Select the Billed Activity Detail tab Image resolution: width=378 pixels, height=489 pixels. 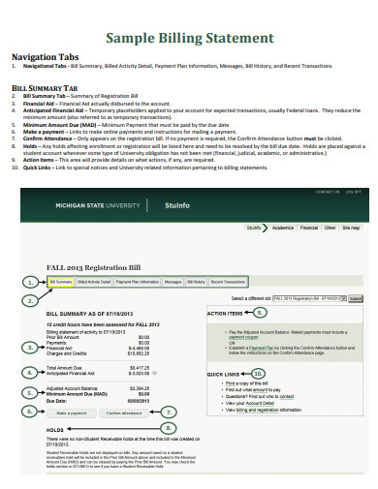click(94, 282)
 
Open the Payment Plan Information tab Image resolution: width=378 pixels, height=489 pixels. click(137, 282)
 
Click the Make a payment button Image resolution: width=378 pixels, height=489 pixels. click(70, 412)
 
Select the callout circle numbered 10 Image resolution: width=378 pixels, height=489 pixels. click(257, 373)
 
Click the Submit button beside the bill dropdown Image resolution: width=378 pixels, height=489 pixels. click(356, 299)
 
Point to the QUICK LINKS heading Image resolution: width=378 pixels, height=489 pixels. click(228, 374)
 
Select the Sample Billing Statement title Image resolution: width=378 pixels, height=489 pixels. click(188, 39)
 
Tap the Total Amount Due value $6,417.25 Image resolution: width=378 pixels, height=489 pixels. click(140, 368)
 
